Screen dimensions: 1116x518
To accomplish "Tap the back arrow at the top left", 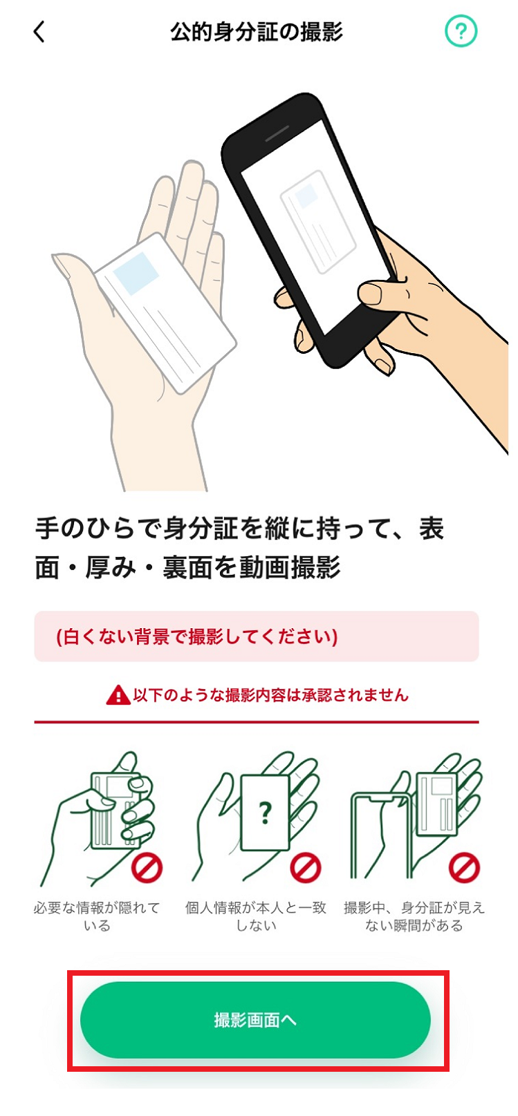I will point(39,32).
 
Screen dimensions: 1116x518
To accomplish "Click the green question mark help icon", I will point(461,32).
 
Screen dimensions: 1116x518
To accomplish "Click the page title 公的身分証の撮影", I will point(256,32).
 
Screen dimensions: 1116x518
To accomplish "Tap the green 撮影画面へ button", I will point(255,1019).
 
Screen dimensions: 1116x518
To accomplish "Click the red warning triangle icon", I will point(118,695).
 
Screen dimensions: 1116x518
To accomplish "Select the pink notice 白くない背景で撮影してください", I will point(256,636).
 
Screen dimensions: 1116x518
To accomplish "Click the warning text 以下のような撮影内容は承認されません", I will point(270,695).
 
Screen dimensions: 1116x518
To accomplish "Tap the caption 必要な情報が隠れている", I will point(97,916).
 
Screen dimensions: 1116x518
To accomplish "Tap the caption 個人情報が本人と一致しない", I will point(256,916).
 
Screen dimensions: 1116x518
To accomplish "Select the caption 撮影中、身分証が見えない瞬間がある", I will point(414,916).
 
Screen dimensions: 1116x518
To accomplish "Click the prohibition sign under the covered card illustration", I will point(147,867).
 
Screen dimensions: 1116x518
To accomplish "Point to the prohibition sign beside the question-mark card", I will point(305,867).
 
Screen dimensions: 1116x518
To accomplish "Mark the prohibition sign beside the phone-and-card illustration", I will point(464,867).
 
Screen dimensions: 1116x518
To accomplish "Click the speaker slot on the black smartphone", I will point(277,132).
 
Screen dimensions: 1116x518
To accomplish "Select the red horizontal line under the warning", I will point(256,722).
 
